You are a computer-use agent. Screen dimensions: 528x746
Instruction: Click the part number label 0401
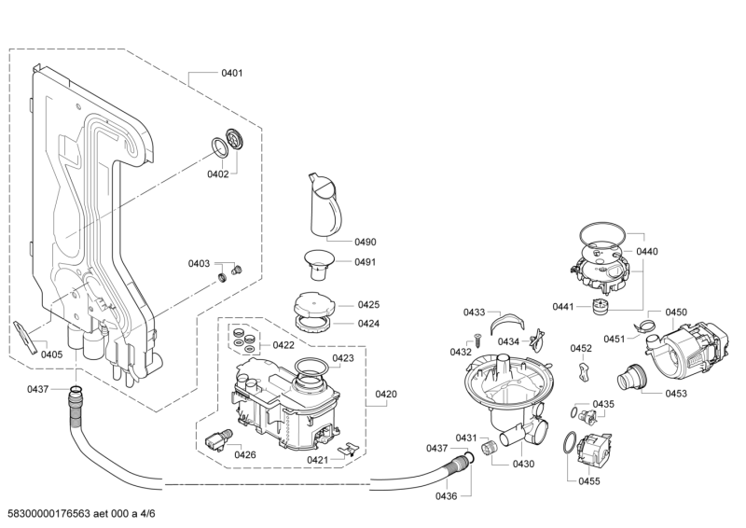[x=232, y=73]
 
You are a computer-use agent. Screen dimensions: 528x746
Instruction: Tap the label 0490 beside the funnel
[x=365, y=242]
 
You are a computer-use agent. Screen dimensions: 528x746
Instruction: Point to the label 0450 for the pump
[x=675, y=312]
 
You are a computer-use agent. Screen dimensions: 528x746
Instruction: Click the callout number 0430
[x=523, y=464]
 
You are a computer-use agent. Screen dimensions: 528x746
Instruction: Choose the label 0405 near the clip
[x=52, y=354]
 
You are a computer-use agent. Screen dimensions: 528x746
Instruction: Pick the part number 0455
[x=588, y=480]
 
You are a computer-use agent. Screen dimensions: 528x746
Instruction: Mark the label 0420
[x=386, y=394]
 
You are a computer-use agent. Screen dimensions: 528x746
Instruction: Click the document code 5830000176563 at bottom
[x=46, y=514]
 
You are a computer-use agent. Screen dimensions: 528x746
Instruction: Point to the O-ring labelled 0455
[x=567, y=444]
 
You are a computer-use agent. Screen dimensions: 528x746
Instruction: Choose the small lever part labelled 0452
[x=583, y=370]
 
